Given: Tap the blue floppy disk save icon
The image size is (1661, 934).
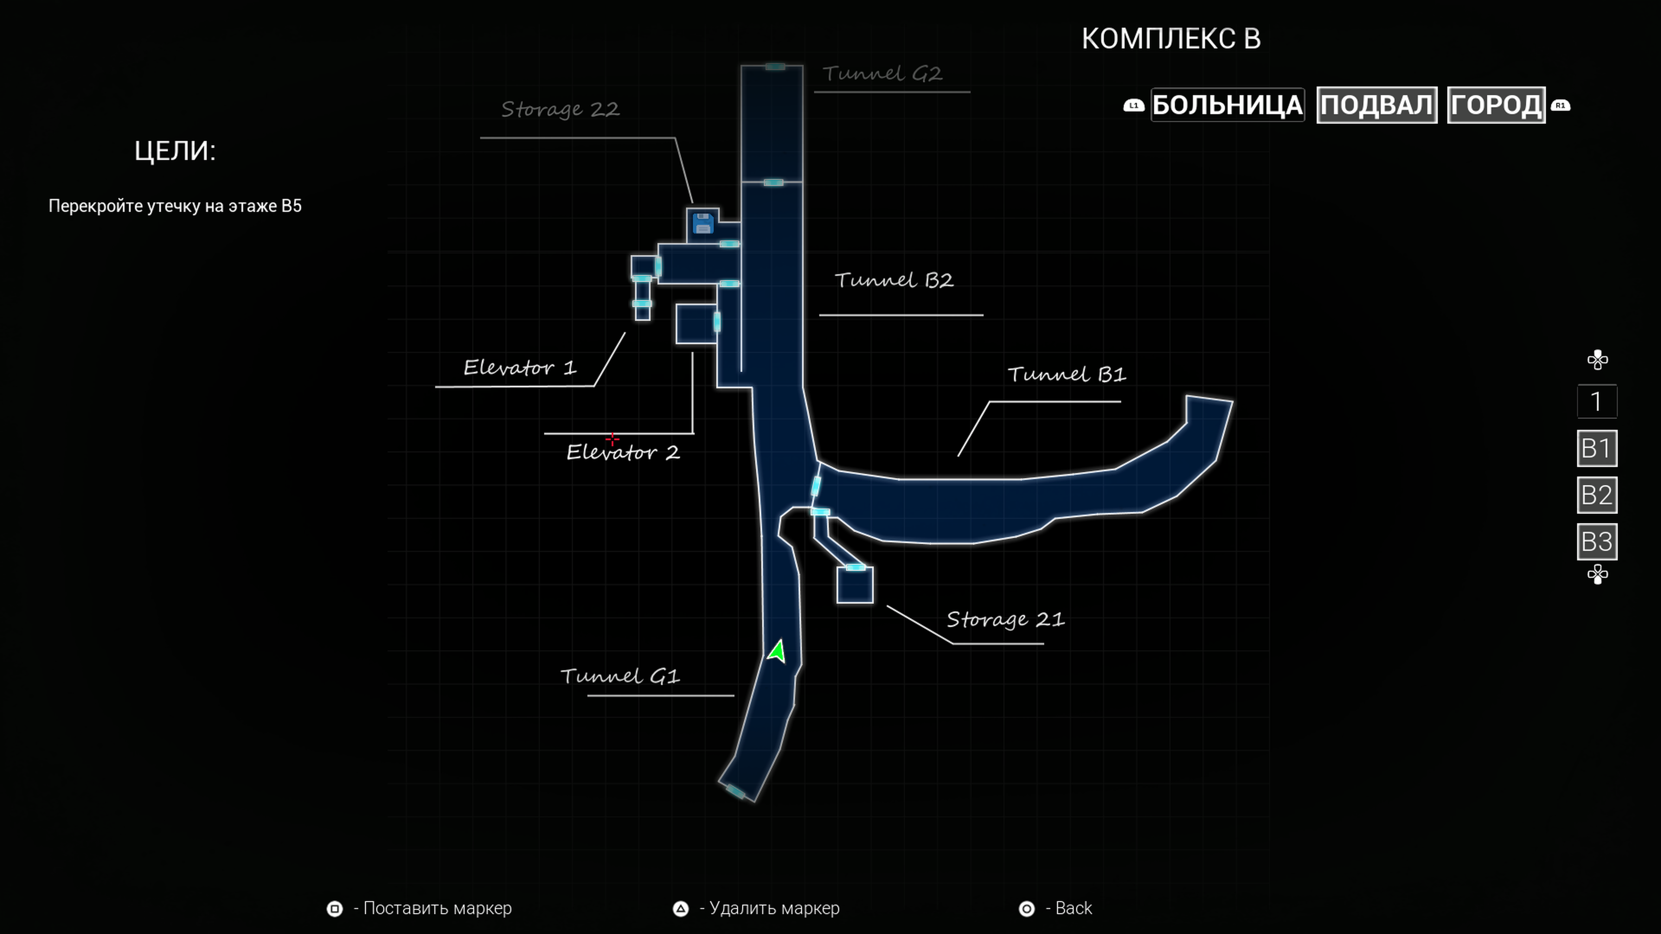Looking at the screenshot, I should tap(702, 224).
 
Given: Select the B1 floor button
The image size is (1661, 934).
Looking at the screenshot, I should tap(1597, 448).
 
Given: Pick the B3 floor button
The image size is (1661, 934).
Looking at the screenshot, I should tap(1597, 541).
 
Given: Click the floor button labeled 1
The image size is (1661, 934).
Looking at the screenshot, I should tap(1597, 402).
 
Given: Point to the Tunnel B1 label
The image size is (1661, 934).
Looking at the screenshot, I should tap(1067, 374).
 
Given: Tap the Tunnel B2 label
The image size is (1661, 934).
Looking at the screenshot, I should tap(894, 280).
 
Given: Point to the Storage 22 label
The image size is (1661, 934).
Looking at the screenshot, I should tap(560, 109).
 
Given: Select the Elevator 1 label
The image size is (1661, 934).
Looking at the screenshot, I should tap(519, 368).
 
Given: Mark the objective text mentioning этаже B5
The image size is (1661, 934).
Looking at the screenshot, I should tap(175, 206).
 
